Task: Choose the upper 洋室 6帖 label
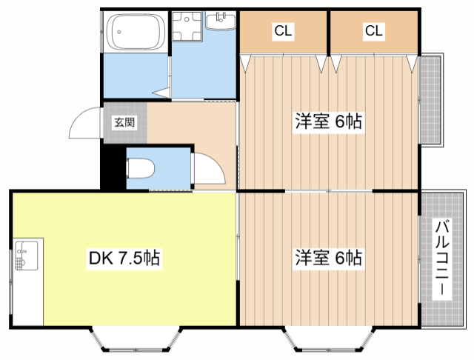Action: tap(329, 122)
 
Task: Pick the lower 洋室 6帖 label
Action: tap(329, 258)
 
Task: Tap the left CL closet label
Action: tap(283, 31)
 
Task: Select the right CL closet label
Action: tap(373, 31)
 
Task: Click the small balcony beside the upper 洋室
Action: tap(430, 101)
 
